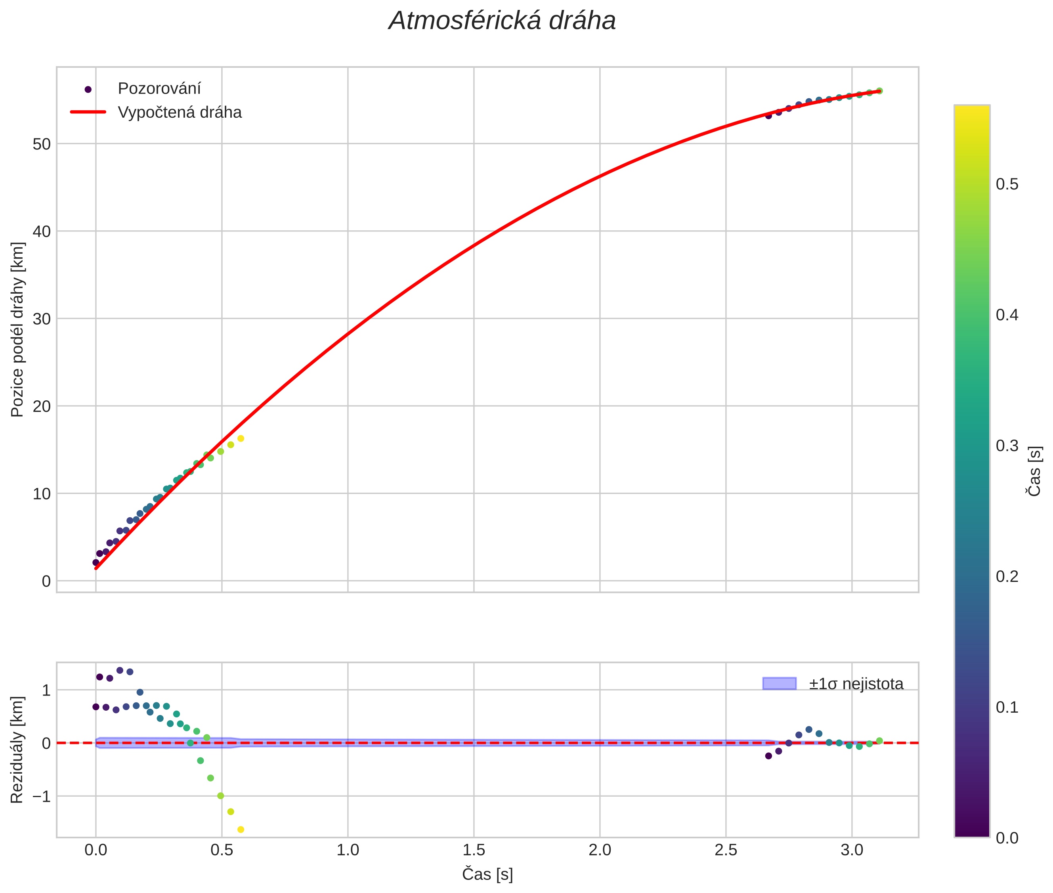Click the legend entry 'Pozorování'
[x=159, y=89]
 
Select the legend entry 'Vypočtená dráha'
[x=180, y=113]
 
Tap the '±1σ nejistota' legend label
[x=856, y=684]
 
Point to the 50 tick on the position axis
[x=42, y=144]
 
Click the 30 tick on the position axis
[x=42, y=319]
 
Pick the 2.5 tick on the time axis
[x=726, y=851]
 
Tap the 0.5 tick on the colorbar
[x=1007, y=184]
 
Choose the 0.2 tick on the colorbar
[x=1007, y=577]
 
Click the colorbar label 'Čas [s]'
[x=1035, y=471]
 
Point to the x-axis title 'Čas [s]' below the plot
[x=487, y=874]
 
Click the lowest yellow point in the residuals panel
[x=241, y=830]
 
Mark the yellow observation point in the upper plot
[x=241, y=438]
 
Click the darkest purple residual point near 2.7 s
[x=768, y=756]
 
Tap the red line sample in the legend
[x=88, y=112]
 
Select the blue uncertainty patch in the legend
[x=779, y=683]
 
